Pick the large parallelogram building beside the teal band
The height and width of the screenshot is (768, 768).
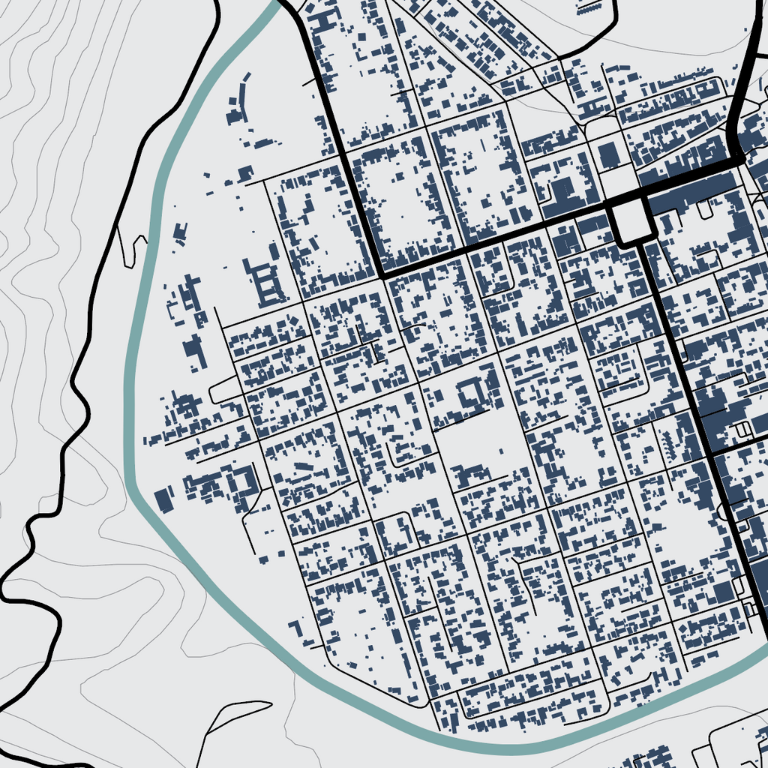coord(163,499)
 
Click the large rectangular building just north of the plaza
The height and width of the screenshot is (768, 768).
coord(609,155)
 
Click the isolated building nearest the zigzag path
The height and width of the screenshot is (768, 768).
coord(179,231)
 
